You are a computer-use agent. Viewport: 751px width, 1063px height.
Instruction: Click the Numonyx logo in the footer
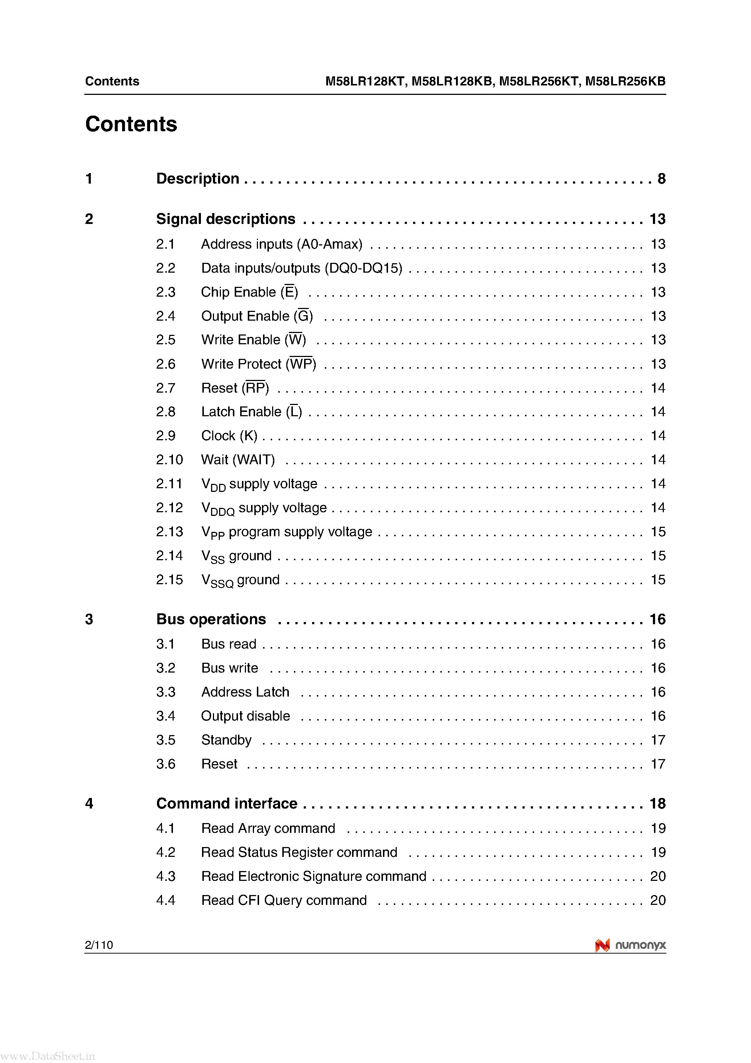point(630,945)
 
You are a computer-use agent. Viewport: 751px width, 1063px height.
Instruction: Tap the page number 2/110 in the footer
point(98,945)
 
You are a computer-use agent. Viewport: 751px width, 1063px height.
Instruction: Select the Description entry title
point(198,179)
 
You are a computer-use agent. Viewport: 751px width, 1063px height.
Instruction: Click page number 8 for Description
point(661,179)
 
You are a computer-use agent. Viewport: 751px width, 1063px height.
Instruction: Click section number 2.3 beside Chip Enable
point(165,292)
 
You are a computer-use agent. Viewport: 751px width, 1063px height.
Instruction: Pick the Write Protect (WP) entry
point(259,364)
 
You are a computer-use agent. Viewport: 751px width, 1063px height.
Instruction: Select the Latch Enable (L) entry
point(251,412)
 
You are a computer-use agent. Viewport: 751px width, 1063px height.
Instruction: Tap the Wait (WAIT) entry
point(238,460)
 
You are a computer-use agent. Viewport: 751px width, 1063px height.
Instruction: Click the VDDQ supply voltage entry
point(264,508)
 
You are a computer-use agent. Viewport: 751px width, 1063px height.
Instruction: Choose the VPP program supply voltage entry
point(286,532)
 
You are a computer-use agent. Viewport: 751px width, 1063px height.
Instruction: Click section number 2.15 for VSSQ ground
point(169,579)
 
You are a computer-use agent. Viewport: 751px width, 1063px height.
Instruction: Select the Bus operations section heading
point(211,619)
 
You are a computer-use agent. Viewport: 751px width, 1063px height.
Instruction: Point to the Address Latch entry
point(245,692)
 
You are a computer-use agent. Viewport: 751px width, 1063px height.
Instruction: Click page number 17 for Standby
point(658,740)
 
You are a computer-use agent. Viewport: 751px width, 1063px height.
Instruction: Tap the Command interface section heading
point(227,803)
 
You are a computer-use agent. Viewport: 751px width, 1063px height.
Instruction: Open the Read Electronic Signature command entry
point(313,877)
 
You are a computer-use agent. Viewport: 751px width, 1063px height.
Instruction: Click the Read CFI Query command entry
point(284,900)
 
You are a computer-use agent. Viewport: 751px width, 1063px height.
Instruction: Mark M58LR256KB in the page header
point(625,81)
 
